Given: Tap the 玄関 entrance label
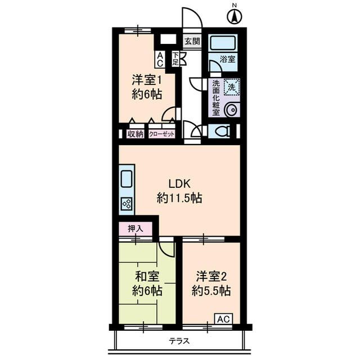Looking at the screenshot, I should tap(192, 41).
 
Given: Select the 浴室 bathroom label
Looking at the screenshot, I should tap(227, 58).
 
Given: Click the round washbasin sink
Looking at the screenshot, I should tap(231, 110).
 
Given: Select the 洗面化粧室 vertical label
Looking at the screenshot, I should tap(215, 97).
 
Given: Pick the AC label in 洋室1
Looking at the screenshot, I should tap(160, 59).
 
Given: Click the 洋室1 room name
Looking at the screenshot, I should tap(147, 79).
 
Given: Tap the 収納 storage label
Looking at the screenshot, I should tap(135, 134).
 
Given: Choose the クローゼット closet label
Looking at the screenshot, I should tap(162, 134).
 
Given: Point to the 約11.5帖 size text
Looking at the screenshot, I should tap(179, 198).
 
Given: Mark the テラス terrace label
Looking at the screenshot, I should tap(179, 341).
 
